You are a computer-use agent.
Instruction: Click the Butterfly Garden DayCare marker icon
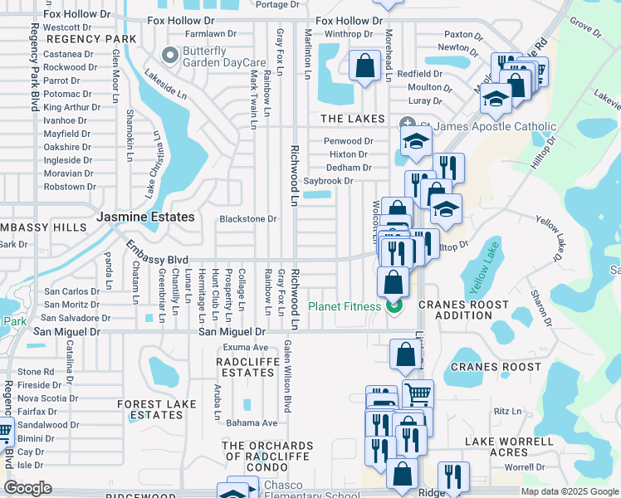tap(171, 56)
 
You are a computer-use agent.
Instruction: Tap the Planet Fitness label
tap(345, 306)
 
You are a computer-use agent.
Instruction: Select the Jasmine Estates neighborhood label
tap(145, 217)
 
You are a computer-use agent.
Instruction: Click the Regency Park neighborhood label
tap(90, 39)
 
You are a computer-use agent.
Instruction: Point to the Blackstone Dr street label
tap(247, 219)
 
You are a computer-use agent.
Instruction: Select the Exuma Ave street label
tap(244, 347)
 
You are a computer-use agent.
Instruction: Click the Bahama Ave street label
tap(251, 423)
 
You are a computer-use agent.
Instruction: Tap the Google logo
tap(27, 488)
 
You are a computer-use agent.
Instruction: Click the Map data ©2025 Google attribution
tap(569, 491)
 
